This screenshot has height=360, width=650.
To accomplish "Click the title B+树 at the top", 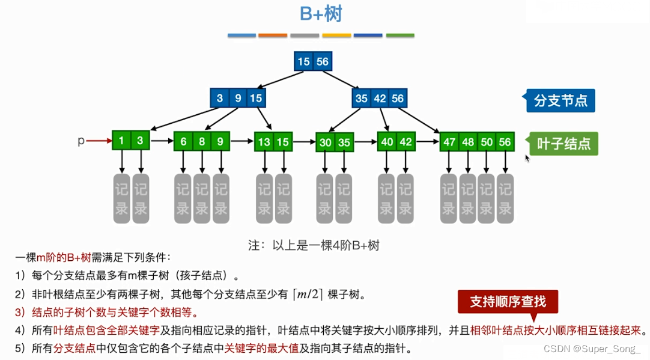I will point(321,14).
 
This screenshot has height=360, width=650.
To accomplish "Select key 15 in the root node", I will point(304,61).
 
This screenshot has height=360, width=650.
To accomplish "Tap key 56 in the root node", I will point(323,61).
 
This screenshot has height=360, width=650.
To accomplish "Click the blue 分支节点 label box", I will point(560,100).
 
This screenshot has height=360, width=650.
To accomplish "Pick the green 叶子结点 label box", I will point(563,144).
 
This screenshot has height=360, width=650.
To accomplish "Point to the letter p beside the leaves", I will point(81,141).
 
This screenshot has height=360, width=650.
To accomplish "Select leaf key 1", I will point(121,141).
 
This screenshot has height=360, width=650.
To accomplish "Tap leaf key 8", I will point(202,142).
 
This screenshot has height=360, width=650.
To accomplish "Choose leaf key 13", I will point(264,142).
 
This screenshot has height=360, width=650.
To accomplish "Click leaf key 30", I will point(326,142).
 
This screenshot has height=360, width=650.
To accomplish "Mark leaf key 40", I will point(387,142).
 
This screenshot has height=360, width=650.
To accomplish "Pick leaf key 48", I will point(468,142).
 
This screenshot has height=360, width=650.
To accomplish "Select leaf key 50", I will point(487,142).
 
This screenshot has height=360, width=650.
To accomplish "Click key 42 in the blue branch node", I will point(379,98).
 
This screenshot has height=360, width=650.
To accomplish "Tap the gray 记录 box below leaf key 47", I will point(449,198).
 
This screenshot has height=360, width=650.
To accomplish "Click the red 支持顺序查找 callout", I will point(507,301).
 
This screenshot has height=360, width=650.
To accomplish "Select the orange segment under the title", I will point(273,35).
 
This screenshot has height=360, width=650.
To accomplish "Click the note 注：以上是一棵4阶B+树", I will point(314,245).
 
